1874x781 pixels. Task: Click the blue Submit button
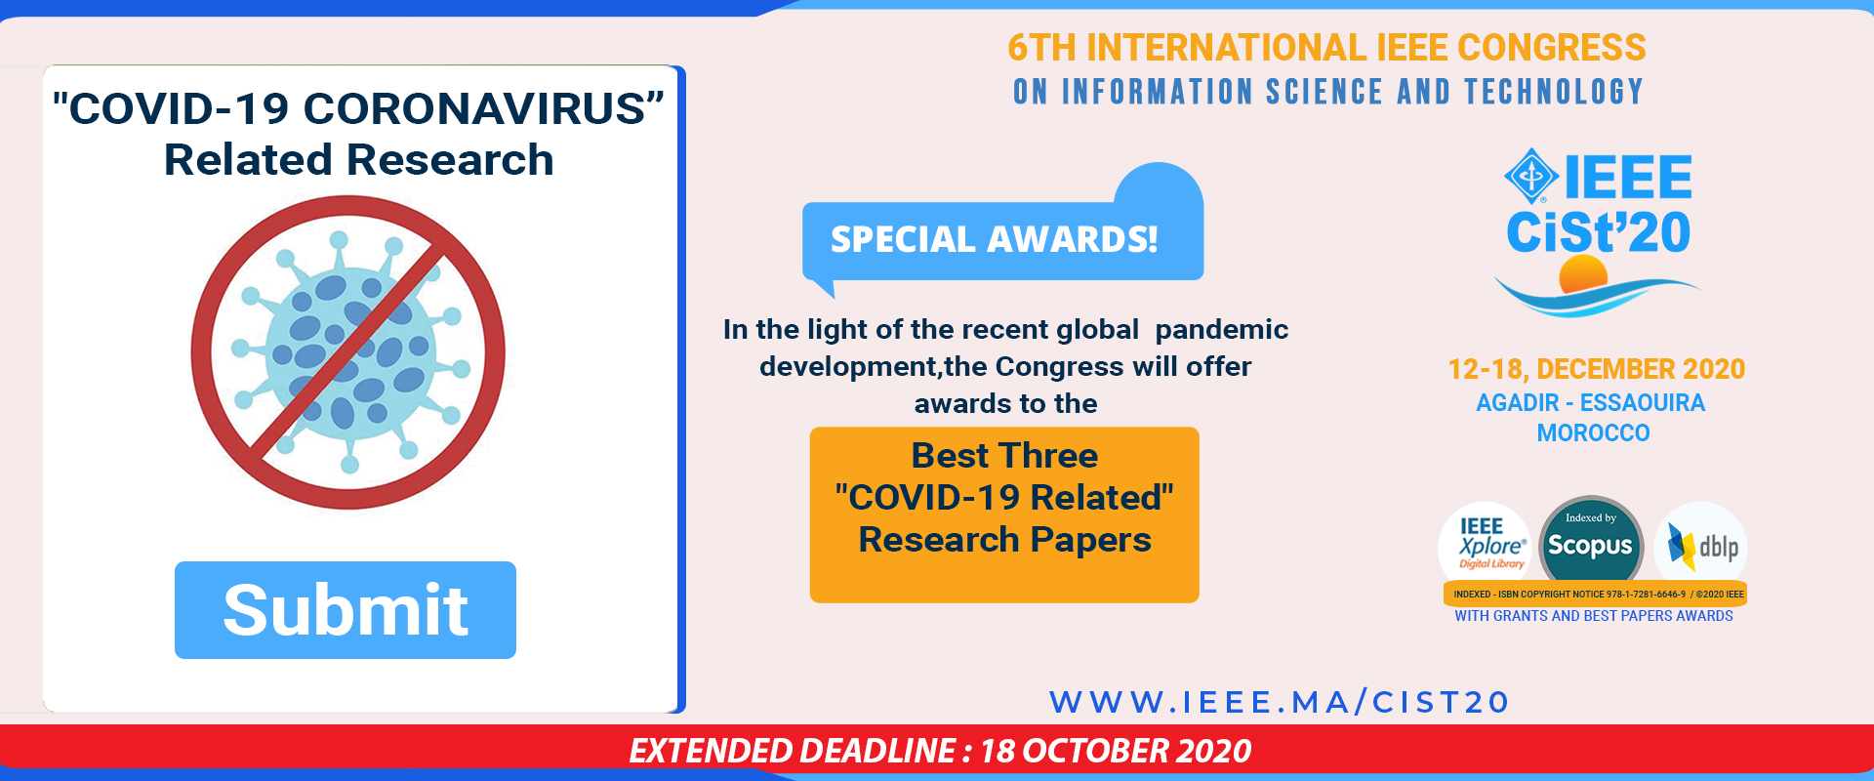[346, 610]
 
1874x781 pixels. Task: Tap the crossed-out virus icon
[348, 352]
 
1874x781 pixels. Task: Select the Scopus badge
[1591, 545]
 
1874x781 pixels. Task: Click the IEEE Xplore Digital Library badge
[1485, 545]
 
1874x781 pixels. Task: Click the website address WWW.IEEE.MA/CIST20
[1280, 702]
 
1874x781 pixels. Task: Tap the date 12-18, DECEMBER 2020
[1596, 369]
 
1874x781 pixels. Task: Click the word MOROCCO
[1593, 432]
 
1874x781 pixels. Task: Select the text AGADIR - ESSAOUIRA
[1591, 402]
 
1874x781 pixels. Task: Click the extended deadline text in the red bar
[940, 751]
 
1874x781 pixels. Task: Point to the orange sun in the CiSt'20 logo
[1583, 274]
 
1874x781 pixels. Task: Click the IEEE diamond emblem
[1531, 177]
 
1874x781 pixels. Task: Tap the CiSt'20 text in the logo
[1599, 231]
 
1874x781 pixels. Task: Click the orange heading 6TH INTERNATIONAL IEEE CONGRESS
[1326, 48]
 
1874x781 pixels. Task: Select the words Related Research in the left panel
[359, 159]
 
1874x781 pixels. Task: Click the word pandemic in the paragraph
[1222, 330]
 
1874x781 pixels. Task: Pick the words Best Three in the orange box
[1004, 455]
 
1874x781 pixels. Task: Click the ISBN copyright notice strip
[1595, 594]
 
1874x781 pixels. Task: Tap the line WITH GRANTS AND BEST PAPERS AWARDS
[1594, 616]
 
